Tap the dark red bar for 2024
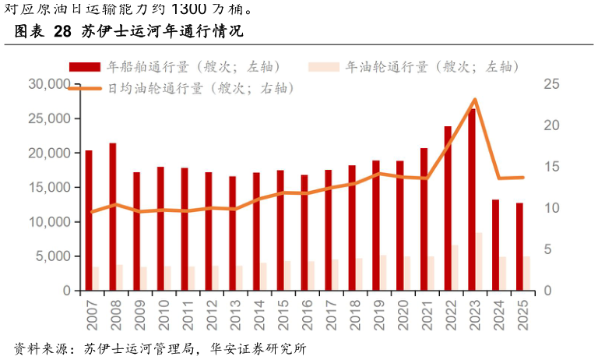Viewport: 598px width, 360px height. [x=495, y=245]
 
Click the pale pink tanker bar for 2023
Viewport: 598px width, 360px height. [x=479, y=262]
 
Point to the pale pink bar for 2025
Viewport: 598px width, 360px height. [x=526, y=274]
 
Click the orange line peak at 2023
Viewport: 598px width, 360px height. [x=475, y=100]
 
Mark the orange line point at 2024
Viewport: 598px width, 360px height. [x=499, y=178]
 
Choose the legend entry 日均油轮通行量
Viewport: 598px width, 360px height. [x=183, y=88]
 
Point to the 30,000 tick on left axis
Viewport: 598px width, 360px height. [x=49, y=84]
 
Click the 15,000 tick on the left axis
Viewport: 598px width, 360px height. [x=49, y=188]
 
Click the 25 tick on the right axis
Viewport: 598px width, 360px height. [x=551, y=84]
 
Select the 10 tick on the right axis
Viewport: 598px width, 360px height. [x=551, y=208]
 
